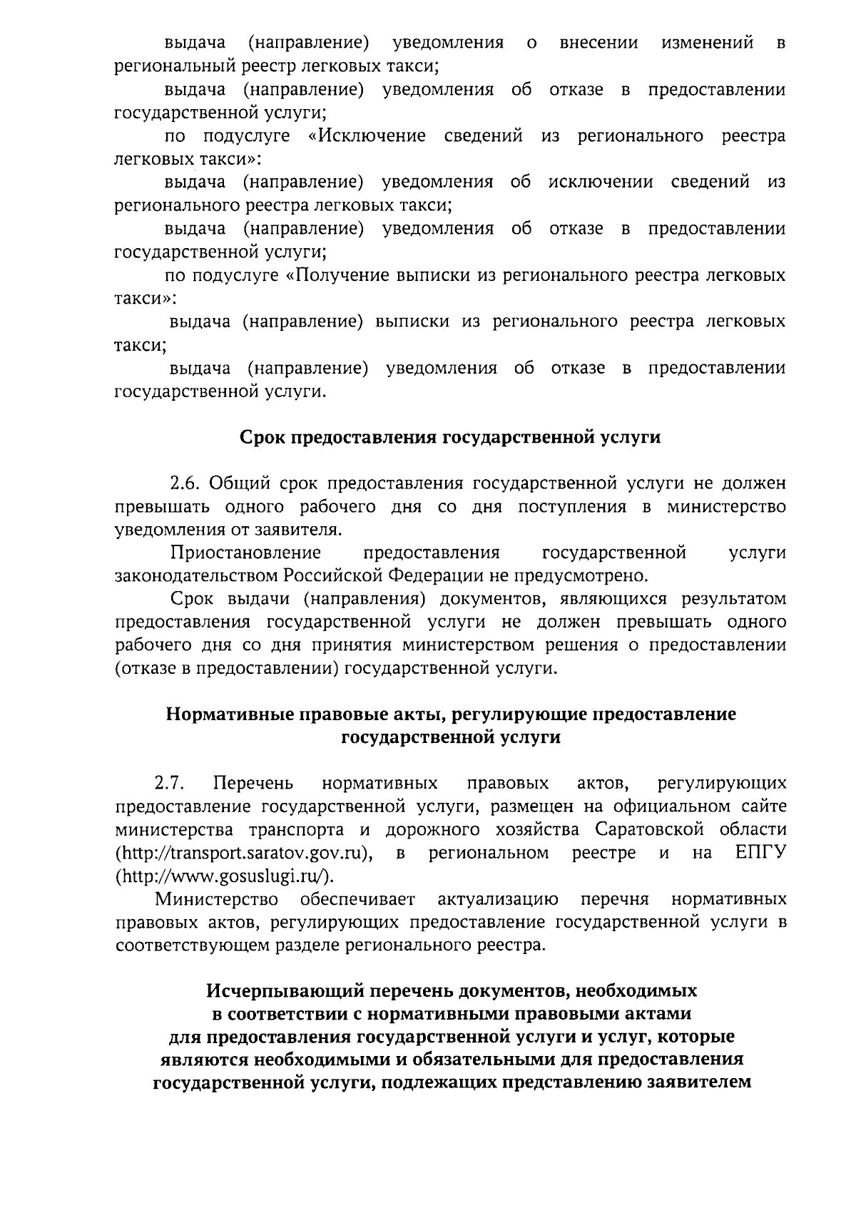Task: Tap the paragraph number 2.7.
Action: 170,783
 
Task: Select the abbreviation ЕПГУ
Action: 760,852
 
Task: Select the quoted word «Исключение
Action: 367,135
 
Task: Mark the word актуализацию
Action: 498,898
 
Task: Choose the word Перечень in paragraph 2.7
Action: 254,783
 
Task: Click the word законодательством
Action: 197,575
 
